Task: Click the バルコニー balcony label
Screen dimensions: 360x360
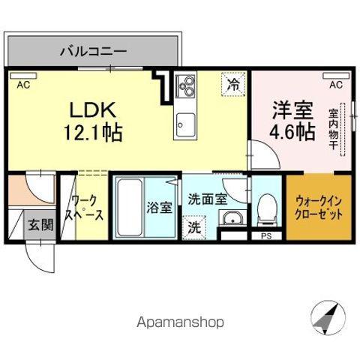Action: [x=93, y=52]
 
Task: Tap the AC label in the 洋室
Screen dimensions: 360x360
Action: [x=334, y=85]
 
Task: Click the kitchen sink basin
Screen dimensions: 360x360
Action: [x=185, y=123]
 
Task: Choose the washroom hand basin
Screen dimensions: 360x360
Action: [x=230, y=219]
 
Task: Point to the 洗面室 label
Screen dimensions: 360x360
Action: [x=206, y=199]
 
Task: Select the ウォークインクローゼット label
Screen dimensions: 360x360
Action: [x=319, y=208]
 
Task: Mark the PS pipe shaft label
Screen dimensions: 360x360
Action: [x=265, y=236]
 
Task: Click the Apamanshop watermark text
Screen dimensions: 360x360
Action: [x=179, y=322]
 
